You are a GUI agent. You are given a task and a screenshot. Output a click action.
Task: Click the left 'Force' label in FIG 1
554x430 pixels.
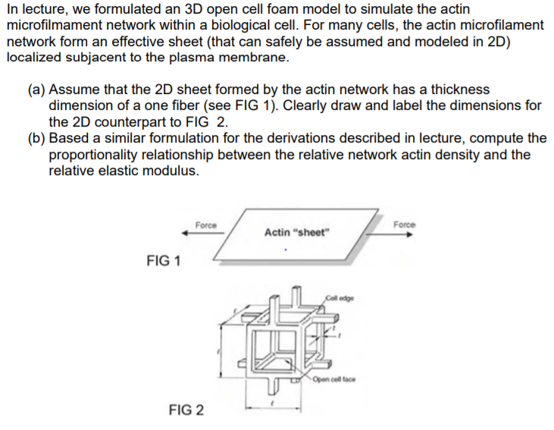pyautogui.click(x=205, y=225)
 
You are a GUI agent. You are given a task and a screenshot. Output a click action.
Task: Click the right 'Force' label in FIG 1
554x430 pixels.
pyautogui.click(x=405, y=224)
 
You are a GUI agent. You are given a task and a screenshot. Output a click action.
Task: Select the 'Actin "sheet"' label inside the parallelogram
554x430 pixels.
pyautogui.click(x=298, y=232)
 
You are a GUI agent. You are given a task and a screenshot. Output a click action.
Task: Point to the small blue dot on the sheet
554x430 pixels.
pyautogui.click(x=286, y=250)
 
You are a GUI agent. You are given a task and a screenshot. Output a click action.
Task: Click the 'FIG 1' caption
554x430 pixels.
pyautogui.click(x=164, y=262)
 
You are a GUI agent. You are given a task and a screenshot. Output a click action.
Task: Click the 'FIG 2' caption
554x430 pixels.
pyautogui.click(x=186, y=410)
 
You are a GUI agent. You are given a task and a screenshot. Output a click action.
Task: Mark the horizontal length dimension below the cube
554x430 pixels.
pyautogui.click(x=274, y=410)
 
